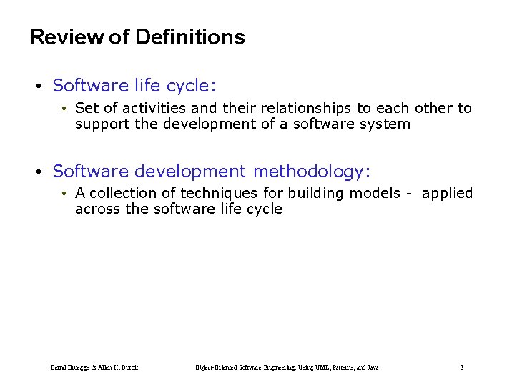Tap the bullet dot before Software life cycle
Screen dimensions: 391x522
(x=39, y=86)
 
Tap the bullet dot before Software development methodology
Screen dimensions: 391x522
(x=39, y=172)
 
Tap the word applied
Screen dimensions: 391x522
(x=447, y=194)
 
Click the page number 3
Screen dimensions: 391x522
(x=461, y=367)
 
